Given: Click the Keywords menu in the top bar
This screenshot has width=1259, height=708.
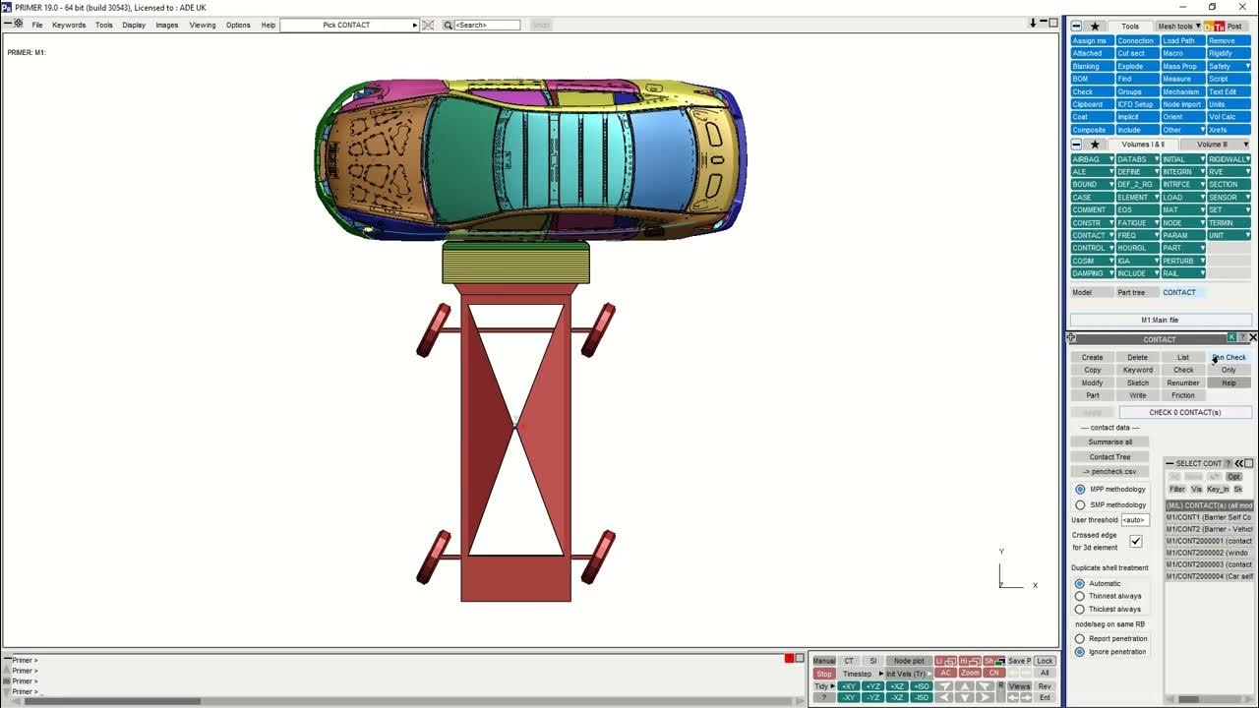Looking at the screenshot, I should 69,25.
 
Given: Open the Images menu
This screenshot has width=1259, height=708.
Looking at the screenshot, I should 167,25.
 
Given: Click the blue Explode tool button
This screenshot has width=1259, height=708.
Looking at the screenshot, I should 1130,67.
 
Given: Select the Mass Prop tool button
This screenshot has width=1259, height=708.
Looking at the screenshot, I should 1179,67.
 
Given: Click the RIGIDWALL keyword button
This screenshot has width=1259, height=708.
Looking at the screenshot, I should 1227,159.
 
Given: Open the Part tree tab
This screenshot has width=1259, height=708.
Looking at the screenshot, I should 1131,292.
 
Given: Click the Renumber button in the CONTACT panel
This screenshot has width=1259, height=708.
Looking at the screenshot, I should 1183,383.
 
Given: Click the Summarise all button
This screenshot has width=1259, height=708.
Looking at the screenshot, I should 1109,442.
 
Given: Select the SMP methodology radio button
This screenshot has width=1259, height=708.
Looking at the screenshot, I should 1080,504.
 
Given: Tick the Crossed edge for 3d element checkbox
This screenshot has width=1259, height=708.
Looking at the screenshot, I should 1136,541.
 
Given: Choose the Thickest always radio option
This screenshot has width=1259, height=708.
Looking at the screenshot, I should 1080,609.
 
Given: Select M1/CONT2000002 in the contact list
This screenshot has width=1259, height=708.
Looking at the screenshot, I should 1209,553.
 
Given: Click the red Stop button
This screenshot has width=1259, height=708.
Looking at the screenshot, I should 823,674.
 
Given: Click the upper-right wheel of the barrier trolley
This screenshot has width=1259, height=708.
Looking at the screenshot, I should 598,329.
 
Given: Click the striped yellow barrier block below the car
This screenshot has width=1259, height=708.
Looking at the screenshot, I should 515,263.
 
